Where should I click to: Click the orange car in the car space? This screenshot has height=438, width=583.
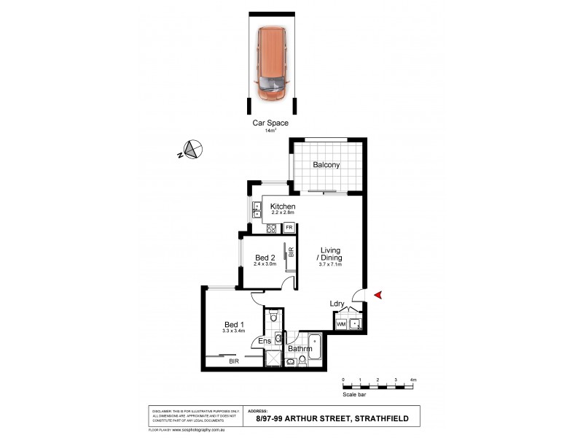273,64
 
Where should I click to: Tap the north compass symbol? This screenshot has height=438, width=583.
192,150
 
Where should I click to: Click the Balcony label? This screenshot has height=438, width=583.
326,165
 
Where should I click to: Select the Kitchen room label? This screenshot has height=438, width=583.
283,207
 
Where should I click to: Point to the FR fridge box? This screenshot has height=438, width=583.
289,228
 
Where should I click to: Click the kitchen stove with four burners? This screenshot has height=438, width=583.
271,228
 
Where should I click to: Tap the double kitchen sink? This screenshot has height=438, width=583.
257,210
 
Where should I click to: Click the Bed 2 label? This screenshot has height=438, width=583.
265,257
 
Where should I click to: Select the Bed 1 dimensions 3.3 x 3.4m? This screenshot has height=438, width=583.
233,331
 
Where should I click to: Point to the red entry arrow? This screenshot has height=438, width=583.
377,294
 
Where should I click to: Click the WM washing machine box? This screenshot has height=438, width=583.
340,323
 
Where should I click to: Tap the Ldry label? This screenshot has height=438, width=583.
337,304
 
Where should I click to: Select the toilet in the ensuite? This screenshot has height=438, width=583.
273,316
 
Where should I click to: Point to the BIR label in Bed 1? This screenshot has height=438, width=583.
233,361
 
